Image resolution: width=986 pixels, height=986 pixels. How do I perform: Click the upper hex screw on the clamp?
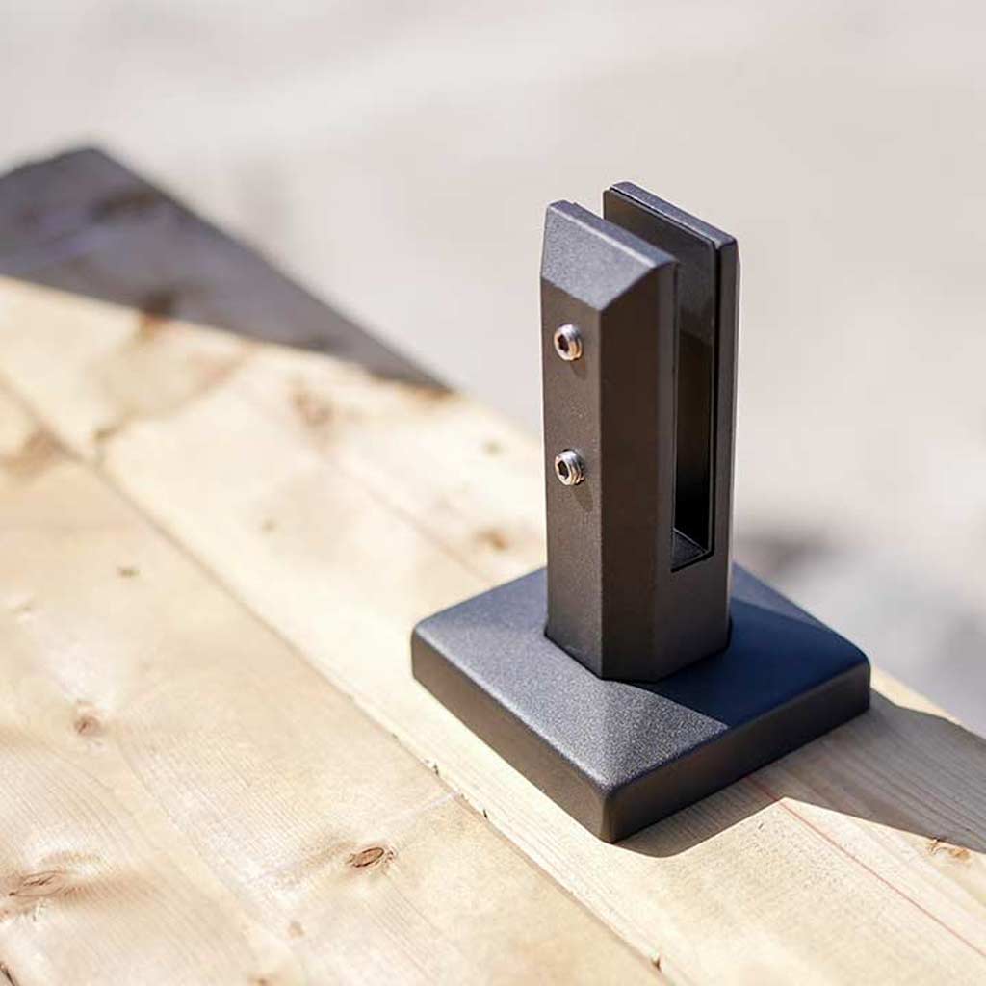(568, 342)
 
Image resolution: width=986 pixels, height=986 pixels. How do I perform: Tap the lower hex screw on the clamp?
(569, 467)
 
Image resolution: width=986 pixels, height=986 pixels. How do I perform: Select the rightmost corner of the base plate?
(867, 664)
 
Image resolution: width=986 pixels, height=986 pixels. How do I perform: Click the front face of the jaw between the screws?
(578, 404)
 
